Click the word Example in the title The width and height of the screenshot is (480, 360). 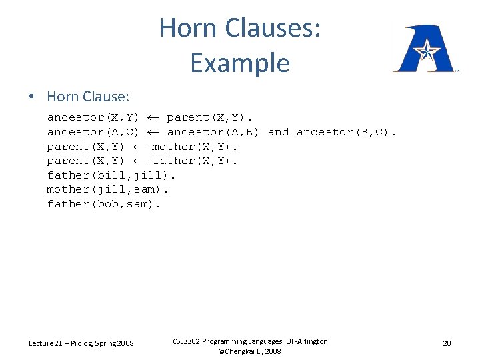pos(239,63)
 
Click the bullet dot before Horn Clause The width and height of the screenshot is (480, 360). pos(31,97)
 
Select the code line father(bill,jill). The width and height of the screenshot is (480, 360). pos(111,175)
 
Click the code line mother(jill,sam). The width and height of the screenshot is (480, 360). pos(107,189)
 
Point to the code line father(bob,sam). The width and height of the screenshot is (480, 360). pos(104,204)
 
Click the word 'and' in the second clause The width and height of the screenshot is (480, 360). pos(278,132)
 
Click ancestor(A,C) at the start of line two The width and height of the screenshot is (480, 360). pos(93,132)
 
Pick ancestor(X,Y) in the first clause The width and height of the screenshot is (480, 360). pos(93,117)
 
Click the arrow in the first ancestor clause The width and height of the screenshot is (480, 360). pos(153,117)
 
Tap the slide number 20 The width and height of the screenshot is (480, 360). pos(447,343)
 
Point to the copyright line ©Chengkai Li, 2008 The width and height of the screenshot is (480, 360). pos(250,351)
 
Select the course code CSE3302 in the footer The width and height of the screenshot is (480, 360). pos(191,341)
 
